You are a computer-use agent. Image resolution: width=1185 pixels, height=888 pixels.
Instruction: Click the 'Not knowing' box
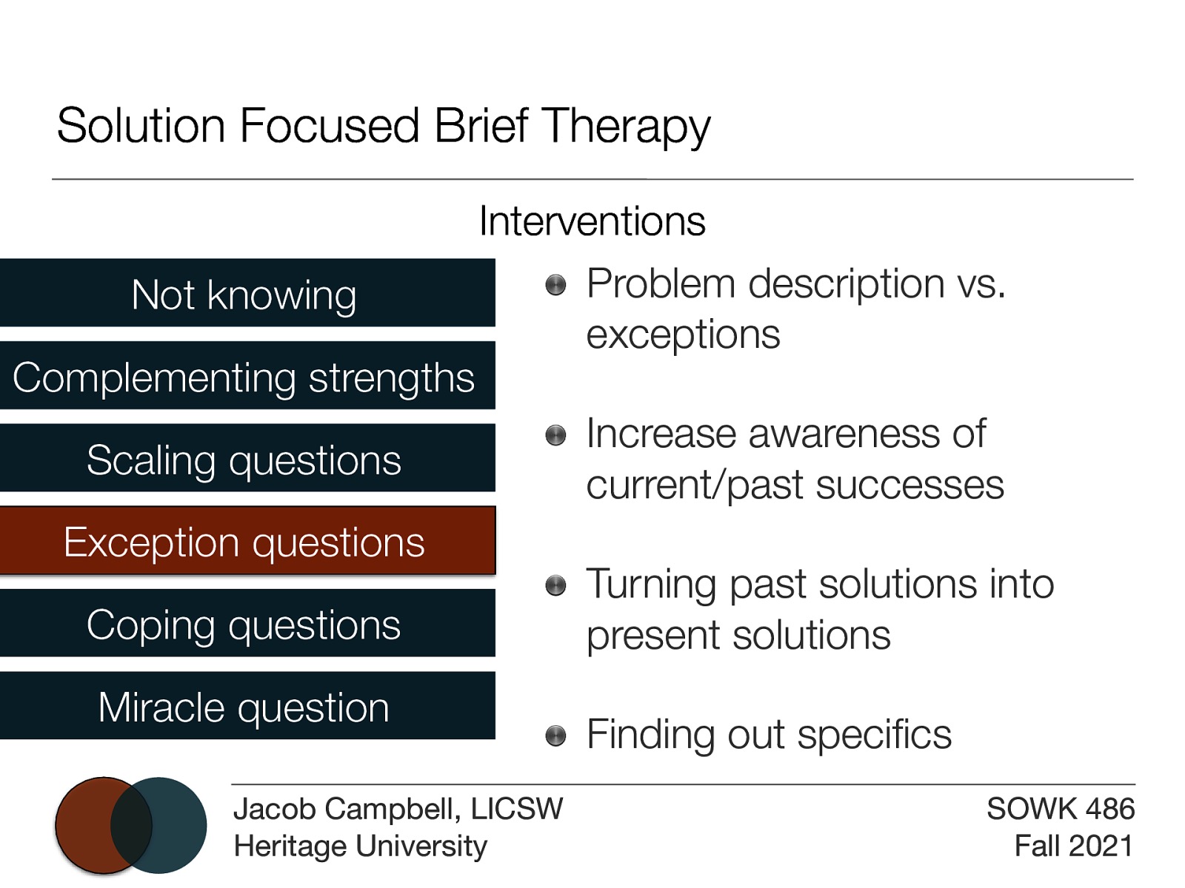pyautogui.click(x=247, y=293)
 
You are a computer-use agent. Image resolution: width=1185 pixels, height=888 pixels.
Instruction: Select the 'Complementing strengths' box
pyautogui.click(x=247, y=376)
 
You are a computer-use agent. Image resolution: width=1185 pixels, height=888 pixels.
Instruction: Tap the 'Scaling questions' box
pyautogui.click(x=247, y=459)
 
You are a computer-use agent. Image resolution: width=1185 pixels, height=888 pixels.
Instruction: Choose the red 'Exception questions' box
pyautogui.click(x=247, y=541)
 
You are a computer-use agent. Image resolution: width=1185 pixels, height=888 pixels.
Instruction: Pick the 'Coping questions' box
pyautogui.click(x=247, y=624)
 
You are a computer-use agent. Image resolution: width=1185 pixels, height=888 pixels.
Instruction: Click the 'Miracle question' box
pyautogui.click(x=247, y=706)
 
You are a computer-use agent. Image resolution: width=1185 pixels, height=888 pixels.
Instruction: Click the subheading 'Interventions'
pyautogui.click(x=592, y=221)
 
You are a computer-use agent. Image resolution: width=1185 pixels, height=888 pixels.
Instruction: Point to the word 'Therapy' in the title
pyautogui.click(x=626, y=126)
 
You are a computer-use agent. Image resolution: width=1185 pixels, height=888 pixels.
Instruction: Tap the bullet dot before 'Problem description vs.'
pyautogui.click(x=555, y=285)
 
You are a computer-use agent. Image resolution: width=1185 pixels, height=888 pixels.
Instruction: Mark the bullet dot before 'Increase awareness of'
pyautogui.click(x=555, y=435)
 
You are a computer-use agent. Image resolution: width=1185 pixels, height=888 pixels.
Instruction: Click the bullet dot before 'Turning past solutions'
pyautogui.click(x=555, y=586)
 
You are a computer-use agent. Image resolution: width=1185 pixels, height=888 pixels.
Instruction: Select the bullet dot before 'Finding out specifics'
pyautogui.click(x=555, y=736)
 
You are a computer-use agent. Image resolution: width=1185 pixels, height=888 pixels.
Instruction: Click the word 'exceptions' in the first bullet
pyautogui.click(x=683, y=334)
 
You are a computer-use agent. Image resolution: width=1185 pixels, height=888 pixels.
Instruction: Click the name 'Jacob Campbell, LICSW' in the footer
pyautogui.click(x=398, y=808)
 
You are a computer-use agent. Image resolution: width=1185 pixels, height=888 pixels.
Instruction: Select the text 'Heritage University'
pyautogui.click(x=360, y=845)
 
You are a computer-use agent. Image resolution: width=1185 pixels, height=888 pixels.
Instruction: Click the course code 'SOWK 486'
pyautogui.click(x=1060, y=808)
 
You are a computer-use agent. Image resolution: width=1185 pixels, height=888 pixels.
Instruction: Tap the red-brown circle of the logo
pyautogui.click(x=84, y=824)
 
